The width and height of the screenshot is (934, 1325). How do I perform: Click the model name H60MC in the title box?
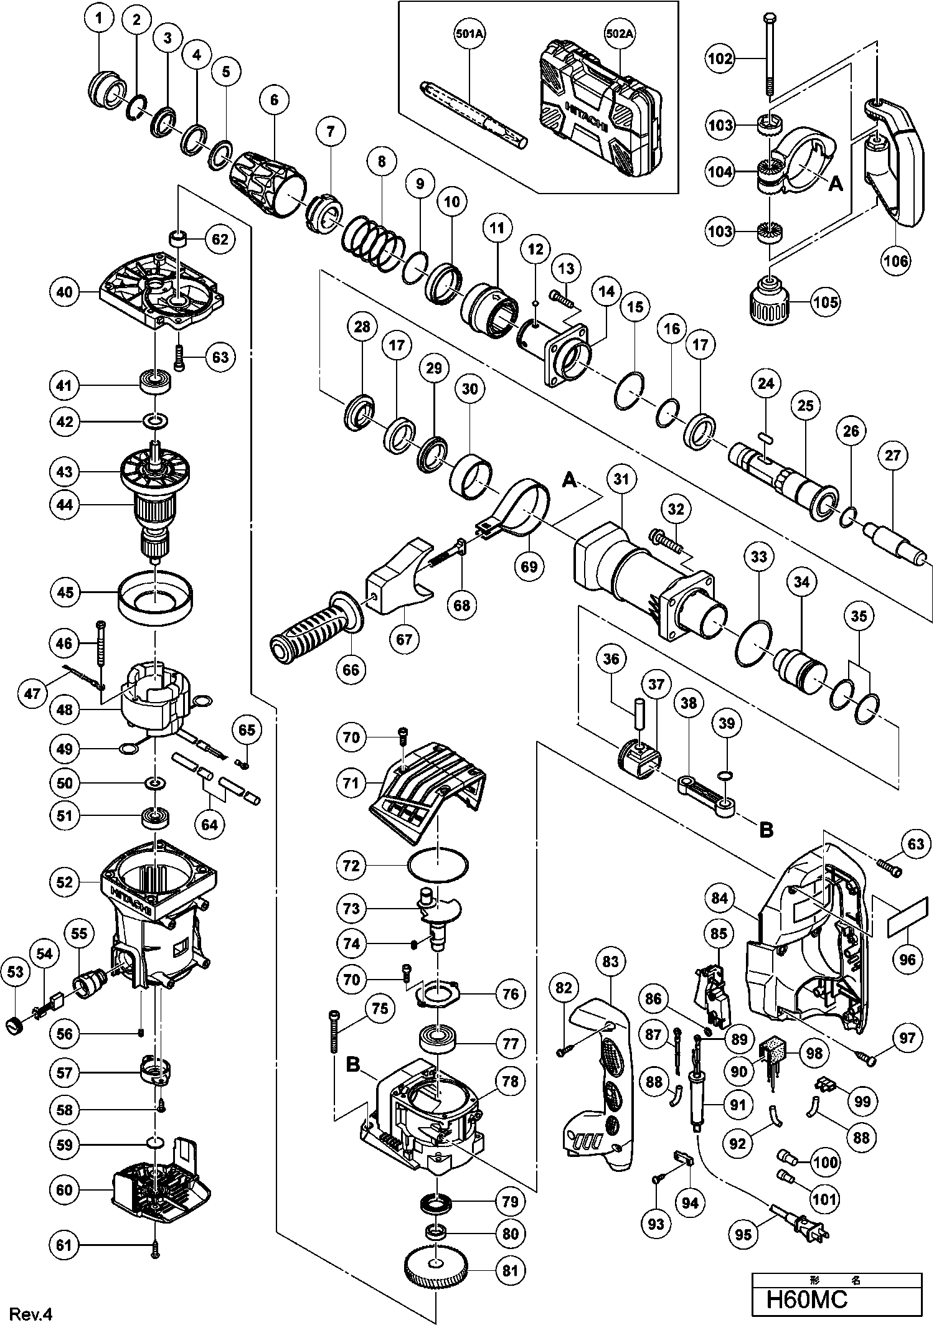pos(807,1300)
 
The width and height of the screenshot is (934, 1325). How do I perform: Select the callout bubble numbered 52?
pos(65,882)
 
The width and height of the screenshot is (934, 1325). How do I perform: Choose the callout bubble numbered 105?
pos(826,302)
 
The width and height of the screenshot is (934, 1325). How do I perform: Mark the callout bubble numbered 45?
pos(65,592)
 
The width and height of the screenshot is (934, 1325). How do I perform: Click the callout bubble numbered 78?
pos(509,1082)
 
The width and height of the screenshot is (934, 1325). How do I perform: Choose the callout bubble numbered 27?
pos(893,455)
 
